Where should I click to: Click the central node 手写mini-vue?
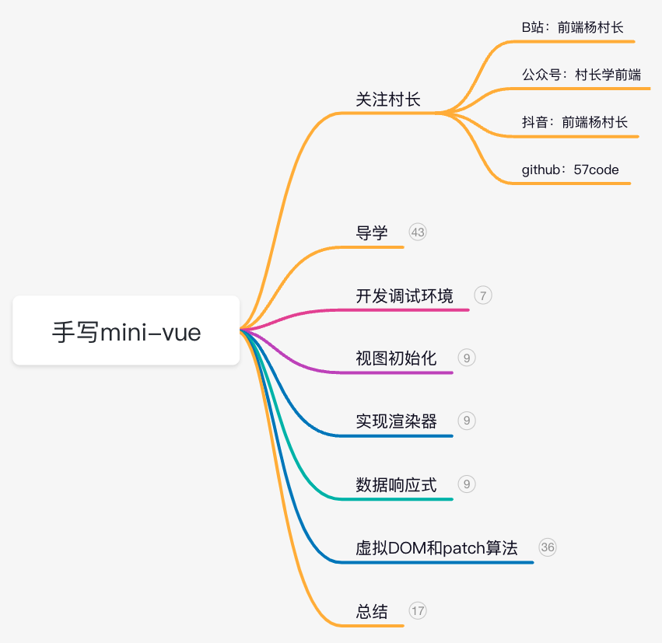coord(126,332)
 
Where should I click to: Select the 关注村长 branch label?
coord(388,100)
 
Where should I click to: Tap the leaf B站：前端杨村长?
coord(573,27)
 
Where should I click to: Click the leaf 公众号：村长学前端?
coord(581,75)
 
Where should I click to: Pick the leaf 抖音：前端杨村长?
coord(575,122)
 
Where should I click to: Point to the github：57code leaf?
coord(570,169)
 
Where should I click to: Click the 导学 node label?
coord(372,232)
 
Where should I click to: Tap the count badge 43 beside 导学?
coord(418,232)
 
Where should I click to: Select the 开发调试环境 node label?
coord(405,295)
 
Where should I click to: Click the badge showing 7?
coord(483,295)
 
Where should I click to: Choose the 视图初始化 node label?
coord(396,358)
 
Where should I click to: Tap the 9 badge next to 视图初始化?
coord(467,358)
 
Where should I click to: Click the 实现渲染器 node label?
coord(396,421)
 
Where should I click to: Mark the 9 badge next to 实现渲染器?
coord(467,421)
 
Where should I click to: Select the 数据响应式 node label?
coord(396,485)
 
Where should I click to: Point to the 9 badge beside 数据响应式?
coord(467,484)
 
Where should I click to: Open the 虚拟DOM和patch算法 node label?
coord(436,547)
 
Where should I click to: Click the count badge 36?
coord(548,547)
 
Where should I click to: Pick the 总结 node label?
coord(372,611)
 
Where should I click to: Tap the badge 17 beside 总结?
coord(418,610)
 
